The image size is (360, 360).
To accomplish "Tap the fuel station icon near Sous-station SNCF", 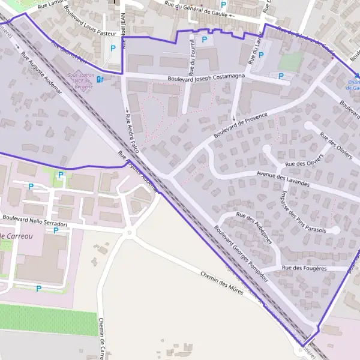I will tap(100, 78).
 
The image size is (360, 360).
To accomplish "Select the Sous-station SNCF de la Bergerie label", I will tap(83, 80).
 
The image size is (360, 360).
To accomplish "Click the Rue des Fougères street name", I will tap(305, 268).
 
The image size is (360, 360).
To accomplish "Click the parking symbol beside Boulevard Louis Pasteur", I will tap(112, 48).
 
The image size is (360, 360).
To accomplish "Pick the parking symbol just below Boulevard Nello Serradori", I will tap(56, 230).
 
